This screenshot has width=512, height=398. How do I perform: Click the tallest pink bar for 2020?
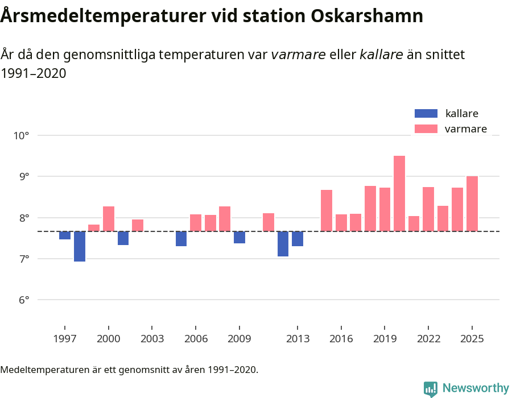(399, 193)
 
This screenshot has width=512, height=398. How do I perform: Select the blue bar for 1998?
(80, 246)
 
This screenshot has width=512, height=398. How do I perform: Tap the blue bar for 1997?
(65, 235)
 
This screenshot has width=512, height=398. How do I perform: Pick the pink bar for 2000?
(109, 219)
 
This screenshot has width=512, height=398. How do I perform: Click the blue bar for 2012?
(283, 244)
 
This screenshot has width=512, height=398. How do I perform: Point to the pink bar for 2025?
(472, 204)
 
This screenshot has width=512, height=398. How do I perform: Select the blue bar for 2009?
(240, 237)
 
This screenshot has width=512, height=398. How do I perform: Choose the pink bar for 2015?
(327, 210)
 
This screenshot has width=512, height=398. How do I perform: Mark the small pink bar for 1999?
(94, 228)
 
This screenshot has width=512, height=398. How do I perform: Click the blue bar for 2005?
(181, 239)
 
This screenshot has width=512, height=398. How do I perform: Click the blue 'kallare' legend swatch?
(426, 114)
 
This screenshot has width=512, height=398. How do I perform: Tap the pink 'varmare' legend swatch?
(426, 129)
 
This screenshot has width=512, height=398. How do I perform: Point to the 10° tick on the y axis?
(22, 136)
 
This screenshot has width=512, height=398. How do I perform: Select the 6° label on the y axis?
(22, 300)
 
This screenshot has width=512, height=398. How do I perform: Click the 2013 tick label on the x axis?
(298, 339)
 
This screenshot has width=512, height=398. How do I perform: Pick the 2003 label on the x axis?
(152, 339)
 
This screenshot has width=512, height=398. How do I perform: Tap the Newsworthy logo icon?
(431, 388)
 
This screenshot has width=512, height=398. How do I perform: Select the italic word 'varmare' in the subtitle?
(298, 55)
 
